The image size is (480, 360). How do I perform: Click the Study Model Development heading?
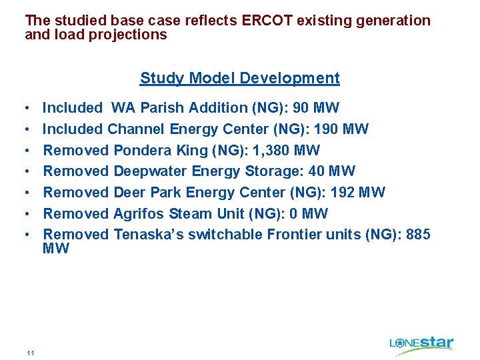(x=239, y=78)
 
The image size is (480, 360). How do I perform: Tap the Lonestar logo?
(x=421, y=343)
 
